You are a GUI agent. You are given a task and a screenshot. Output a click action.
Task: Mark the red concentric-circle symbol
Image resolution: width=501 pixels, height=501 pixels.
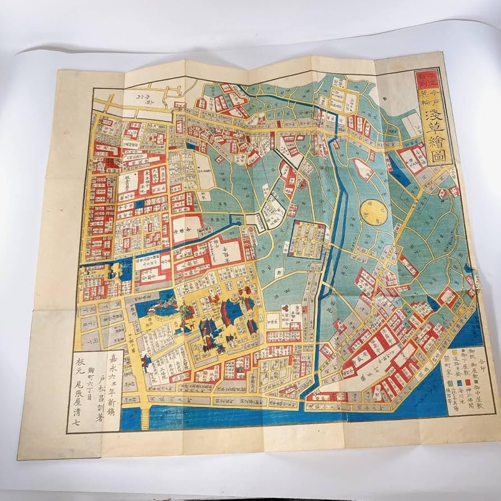click(x=285, y=307)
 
